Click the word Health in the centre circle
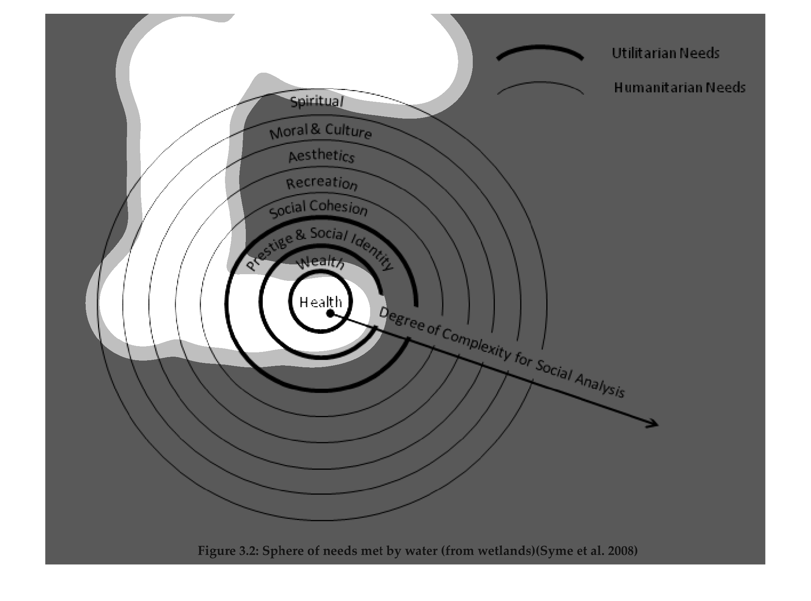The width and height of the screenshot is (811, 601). pyautogui.click(x=321, y=302)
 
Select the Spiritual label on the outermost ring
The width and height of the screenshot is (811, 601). pyautogui.click(x=317, y=101)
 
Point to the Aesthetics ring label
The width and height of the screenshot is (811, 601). pyautogui.click(x=321, y=156)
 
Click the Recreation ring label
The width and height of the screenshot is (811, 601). pyautogui.click(x=322, y=183)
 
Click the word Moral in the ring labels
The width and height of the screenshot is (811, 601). pyautogui.click(x=289, y=132)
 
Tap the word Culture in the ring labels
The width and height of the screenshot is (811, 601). pyautogui.click(x=348, y=131)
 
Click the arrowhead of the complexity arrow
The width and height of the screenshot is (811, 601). pyautogui.click(x=653, y=423)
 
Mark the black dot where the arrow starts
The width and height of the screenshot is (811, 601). pyautogui.click(x=330, y=313)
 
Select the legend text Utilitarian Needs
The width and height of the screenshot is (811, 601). pyautogui.click(x=665, y=53)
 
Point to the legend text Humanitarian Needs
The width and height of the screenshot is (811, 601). pyautogui.click(x=680, y=87)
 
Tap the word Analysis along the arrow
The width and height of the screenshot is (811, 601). pyautogui.click(x=600, y=385)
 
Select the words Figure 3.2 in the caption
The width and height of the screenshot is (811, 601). pyautogui.click(x=227, y=551)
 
